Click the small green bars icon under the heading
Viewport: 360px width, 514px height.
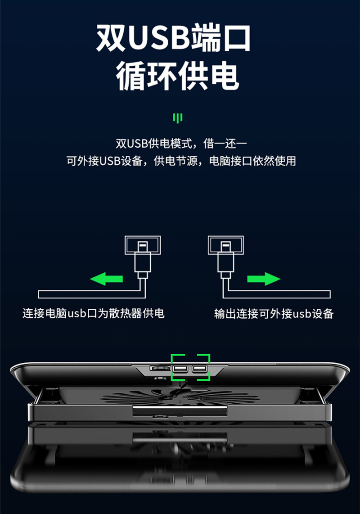[x=178, y=118]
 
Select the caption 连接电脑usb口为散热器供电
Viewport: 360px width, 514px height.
[x=94, y=313]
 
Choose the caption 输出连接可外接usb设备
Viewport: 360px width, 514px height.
[x=274, y=313]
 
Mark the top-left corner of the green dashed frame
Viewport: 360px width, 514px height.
[x=172, y=355]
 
